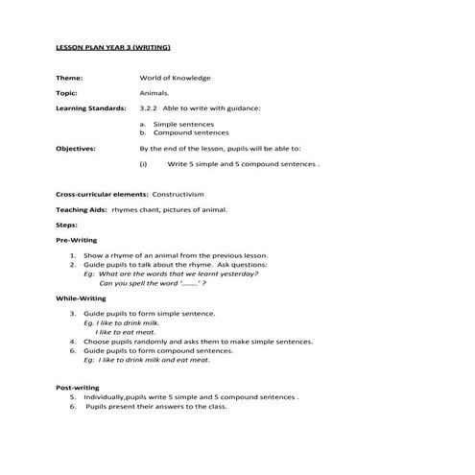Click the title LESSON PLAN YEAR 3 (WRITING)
click(x=113, y=47)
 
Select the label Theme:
click(x=69, y=78)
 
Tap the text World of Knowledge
click(x=175, y=78)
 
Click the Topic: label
click(x=67, y=93)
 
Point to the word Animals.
click(x=154, y=93)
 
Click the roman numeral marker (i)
click(x=143, y=164)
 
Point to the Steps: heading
click(x=66, y=224)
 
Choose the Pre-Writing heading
click(x=77, y=239)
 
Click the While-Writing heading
click(x=81, y=298)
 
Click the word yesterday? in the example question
click(x=237, y=273)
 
